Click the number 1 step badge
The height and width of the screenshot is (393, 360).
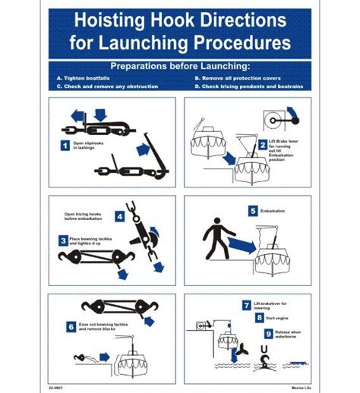pyautogui.click(x=65, y=143)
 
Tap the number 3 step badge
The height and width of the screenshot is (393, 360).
pyautogui.click(x=64, y=241)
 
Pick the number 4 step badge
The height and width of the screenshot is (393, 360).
pyautogui.click(x=120, y=216)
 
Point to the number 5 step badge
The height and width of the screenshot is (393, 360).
pyautogui.click(x=253, y=210)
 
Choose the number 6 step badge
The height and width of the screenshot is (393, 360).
pyautogui.click(x=70, y=327)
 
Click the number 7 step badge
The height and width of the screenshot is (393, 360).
pyautogui.click(x=247, y=306)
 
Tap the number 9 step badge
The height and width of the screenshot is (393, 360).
pyautogui.click(x=269, y=333)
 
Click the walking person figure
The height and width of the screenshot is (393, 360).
pyautogui.click(x=215, y=240)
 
